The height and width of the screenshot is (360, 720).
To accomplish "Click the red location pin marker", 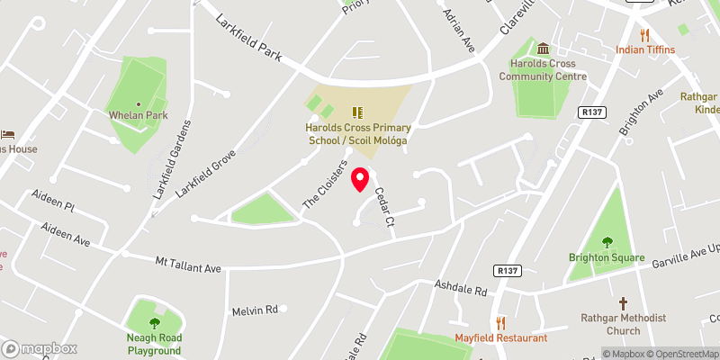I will (x=360, y=179).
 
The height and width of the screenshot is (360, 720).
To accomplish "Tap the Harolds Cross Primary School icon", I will (x=356, y=112).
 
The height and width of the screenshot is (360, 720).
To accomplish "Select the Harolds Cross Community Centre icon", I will (x=544, y=48).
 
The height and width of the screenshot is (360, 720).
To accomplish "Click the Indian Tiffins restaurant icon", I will (x=644, y=36).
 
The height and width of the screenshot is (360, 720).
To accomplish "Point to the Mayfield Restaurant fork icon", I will (x=501, y=322).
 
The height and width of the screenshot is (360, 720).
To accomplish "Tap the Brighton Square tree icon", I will (x=607, y=241).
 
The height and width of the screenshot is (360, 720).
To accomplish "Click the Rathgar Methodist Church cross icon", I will (x=623, y=304).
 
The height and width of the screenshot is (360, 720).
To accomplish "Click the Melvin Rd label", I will (x=255, y=310).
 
